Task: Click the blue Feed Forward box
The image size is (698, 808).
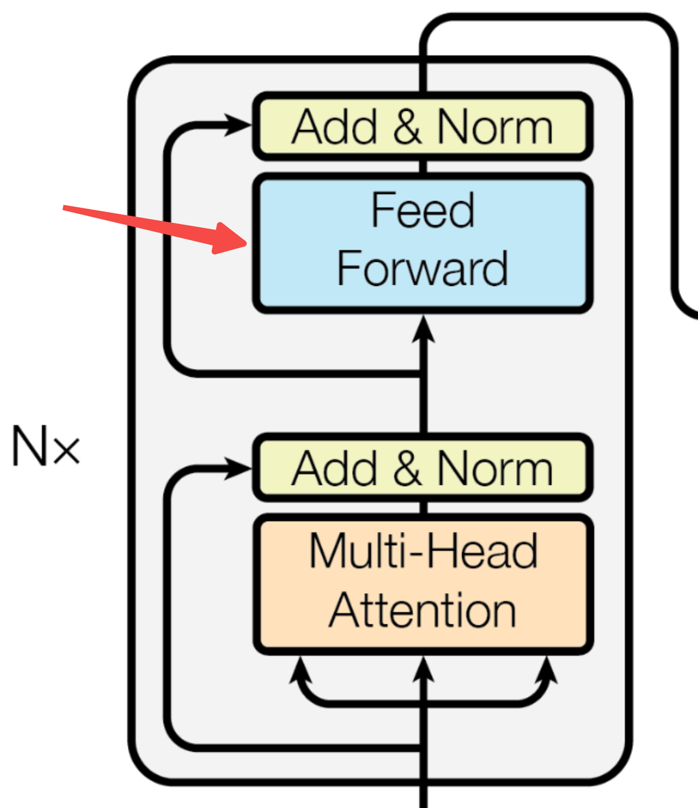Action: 423,243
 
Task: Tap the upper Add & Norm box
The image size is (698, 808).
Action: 423,126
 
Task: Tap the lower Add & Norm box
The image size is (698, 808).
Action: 423,468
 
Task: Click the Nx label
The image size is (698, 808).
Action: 45,447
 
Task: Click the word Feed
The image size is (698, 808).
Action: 423,210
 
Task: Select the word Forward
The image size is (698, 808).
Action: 423,268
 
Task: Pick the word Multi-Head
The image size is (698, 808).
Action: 423,552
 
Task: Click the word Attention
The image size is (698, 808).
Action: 423,610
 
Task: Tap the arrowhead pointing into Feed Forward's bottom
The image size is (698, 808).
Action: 423,330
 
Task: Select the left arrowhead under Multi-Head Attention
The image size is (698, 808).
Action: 300,670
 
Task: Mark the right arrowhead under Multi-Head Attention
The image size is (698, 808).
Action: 546,670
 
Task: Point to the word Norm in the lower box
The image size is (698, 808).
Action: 495,468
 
